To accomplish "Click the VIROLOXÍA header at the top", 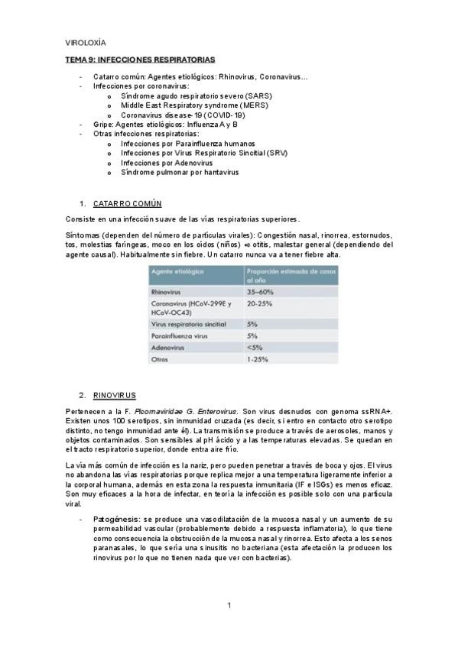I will click(x=86, y=44).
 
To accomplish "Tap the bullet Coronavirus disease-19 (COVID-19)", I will click(x=183, y=115).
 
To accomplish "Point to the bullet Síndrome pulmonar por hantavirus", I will click(x=180, y=173).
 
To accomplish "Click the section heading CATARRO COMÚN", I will click(x=127, y=203).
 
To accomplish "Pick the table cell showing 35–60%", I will click(x=261, y=292).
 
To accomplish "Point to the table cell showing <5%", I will click(x=255, y=347).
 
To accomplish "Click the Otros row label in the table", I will click(x=160, y=358).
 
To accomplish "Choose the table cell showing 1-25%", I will click(x=258, y=358).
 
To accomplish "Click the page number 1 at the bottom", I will click(x=229, y=606).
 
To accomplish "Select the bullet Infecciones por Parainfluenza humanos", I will click(x=188, y=144).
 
